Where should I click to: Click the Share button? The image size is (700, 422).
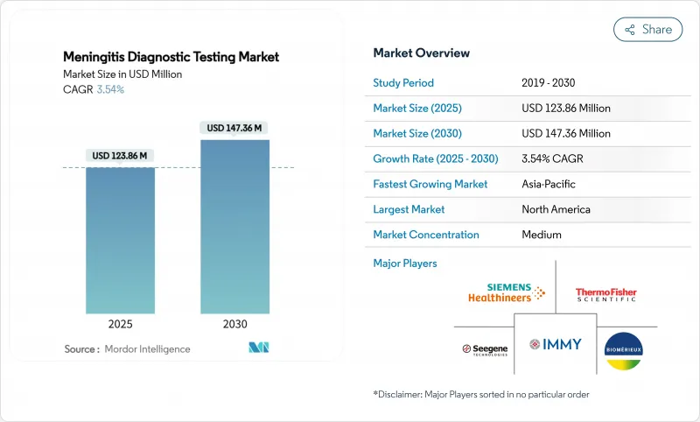648,29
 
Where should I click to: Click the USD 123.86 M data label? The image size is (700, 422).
120,156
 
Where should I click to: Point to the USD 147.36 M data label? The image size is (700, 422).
234,128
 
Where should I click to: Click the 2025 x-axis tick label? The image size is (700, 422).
120,323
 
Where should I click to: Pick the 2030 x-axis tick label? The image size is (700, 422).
234,323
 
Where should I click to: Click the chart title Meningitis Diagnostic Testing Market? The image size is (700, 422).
171,57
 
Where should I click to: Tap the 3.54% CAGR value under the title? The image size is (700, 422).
109,90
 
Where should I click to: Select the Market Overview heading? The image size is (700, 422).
422,53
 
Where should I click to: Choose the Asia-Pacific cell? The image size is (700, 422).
549,184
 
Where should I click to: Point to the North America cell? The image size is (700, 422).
556,209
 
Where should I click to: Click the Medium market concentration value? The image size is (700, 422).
542,235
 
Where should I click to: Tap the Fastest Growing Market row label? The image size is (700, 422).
430,184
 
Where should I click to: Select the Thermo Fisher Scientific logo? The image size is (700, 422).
605,294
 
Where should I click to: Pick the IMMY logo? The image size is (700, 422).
555,344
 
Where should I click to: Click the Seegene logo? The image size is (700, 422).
485,348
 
